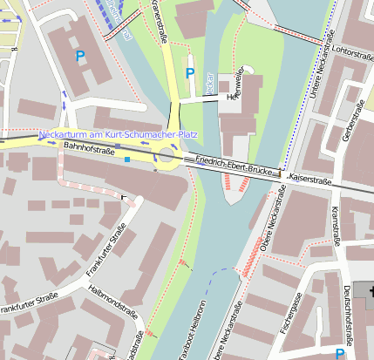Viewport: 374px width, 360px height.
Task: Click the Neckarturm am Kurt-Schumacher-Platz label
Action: click(x=119, y=135)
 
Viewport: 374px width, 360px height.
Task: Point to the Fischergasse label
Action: click(x=295, y=312)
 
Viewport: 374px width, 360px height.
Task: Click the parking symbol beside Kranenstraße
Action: click(x=190, y=74)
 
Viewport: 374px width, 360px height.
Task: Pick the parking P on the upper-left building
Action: click(x=80, y=56)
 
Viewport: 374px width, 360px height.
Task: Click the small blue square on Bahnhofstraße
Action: click(x=126, y=160)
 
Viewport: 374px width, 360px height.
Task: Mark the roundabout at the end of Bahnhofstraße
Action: click(x=167, y=158)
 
